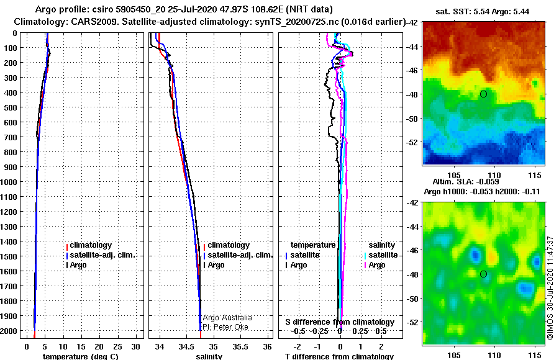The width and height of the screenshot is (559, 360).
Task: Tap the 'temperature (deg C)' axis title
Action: (x=80, y=356)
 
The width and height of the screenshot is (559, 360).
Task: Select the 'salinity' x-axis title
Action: (x=209, y=356)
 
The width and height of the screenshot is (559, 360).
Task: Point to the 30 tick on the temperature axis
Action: (x=137, y=345)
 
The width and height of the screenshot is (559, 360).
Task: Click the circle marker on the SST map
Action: (x=483, y=94)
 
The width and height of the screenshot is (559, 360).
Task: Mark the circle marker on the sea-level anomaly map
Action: (x=483, y=274)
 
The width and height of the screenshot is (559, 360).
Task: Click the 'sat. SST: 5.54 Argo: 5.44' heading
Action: (x=483, y=11)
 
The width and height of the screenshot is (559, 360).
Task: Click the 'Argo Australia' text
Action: (x=227, y=318)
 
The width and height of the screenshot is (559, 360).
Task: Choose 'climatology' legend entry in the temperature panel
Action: (x=91, y=245)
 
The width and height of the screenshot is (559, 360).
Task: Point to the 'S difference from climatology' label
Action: (x=340, y=322)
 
